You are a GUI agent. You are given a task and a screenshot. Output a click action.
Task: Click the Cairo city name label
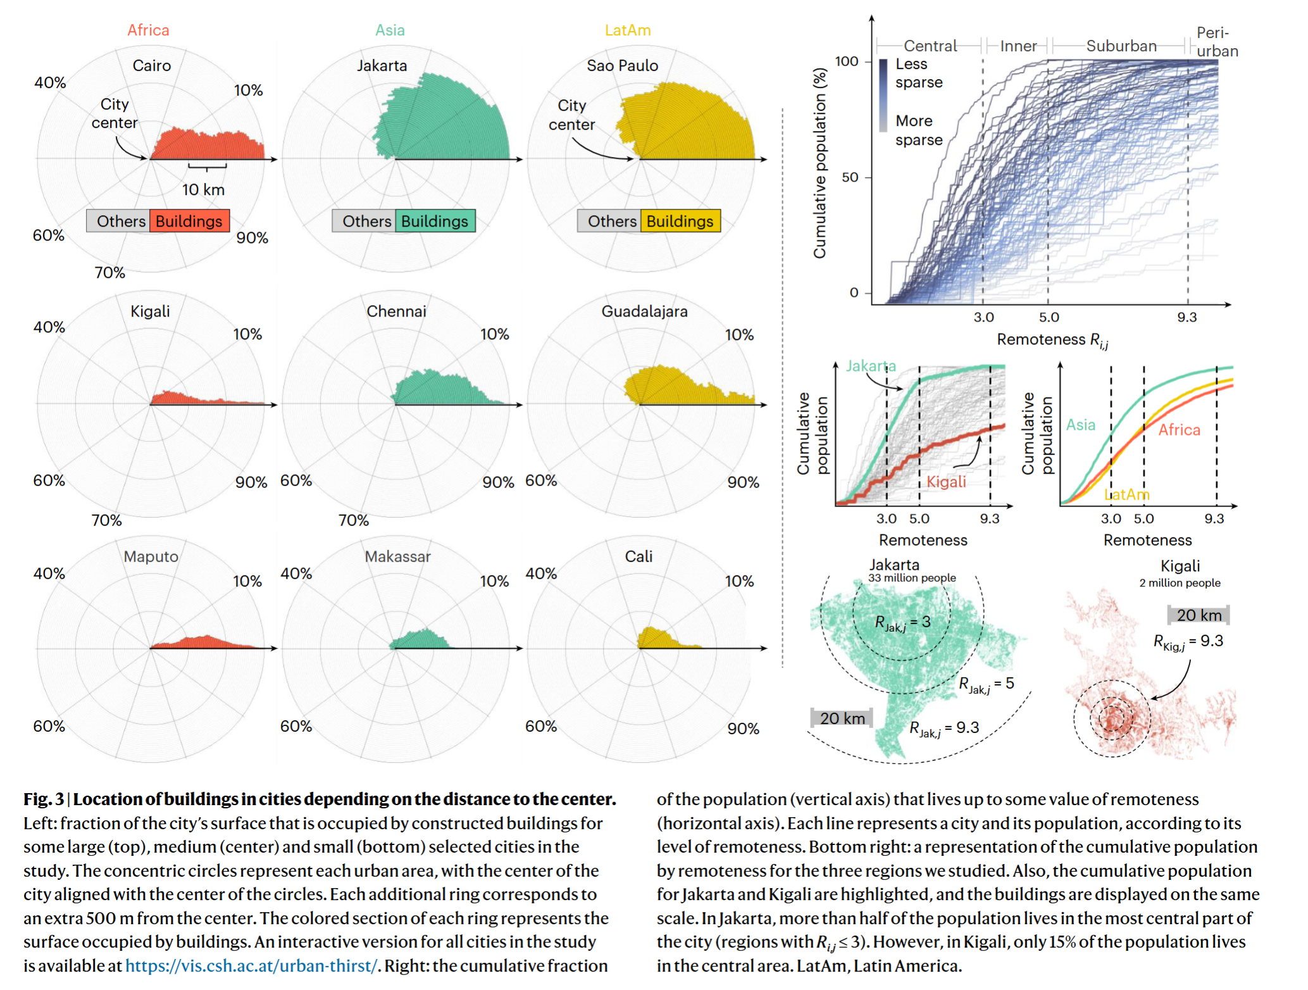click(x=152, y=66)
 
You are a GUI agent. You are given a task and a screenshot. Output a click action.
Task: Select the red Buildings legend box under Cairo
click(x=189, y=221)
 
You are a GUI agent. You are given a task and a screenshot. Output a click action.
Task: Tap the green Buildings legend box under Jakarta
click(x=435, y=221)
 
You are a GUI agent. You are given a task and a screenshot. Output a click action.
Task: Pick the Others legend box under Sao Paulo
click(x=611, y=221)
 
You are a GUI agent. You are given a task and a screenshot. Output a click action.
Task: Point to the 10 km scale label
click(x=203, y=189)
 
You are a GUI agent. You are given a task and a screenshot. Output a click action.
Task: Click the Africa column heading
click(x=149, y=30)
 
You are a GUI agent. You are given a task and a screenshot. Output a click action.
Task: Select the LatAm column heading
click(x=628, y=30)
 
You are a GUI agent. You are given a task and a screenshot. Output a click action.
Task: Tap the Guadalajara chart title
click(x=644, y=311)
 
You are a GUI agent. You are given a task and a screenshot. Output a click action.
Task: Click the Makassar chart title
click(x=397, y=556)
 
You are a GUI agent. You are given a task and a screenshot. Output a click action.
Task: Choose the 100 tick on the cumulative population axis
click(x=847, y=61)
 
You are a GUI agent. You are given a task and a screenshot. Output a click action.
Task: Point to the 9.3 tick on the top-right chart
click(x=1187, y=317)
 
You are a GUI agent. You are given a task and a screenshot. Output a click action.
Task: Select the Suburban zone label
click(x=1121, y=46)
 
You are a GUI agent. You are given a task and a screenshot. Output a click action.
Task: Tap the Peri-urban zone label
click(x=1216, y=42)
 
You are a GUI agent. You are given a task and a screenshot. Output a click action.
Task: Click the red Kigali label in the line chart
click(x=946, y=482)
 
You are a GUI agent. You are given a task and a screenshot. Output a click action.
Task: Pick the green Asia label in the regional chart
click(x=1080, y=425)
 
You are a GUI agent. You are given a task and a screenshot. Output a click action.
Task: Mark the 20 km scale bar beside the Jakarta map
click(x=842, y=718)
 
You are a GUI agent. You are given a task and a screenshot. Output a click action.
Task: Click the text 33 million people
click(x=912, y=578)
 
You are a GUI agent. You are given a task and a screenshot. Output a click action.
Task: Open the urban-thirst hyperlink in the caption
click(x=251, y=965)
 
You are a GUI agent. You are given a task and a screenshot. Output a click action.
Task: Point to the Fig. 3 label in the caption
click(x=44, y=799)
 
